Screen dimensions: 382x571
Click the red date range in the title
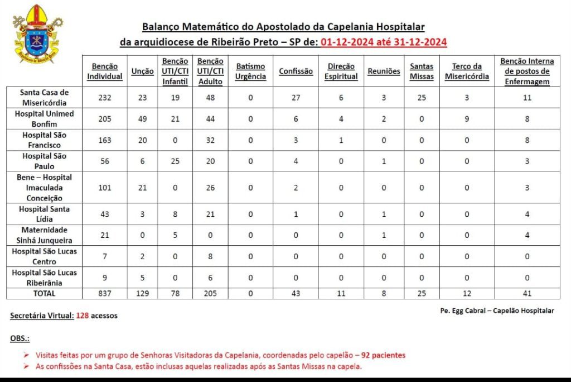click(384, 42)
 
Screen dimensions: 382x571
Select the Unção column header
click(143, 71)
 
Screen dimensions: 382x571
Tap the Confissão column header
click(296, 71)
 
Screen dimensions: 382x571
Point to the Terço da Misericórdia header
click(467, 71)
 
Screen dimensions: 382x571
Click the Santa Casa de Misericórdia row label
click(44, 97)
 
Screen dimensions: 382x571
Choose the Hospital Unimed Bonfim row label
click(44, 119)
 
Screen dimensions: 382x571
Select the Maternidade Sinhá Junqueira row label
click(44, 235)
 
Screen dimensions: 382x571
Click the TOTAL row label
click(44, 293)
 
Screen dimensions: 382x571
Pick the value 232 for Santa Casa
click(104, 98)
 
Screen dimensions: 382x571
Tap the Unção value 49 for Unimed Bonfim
click(143, 119)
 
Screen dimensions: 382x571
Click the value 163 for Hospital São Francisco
click(104, 140)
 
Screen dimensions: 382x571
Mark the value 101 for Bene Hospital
click(104, 188)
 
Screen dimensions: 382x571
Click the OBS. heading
click(20, 338)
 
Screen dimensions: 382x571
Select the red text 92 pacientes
click(383, 355)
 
